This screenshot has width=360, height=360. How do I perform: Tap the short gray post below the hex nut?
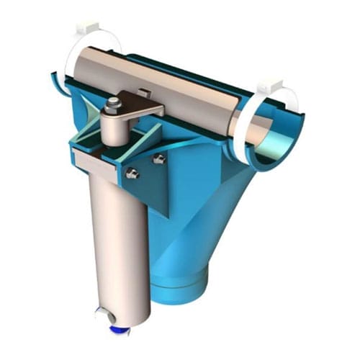tap(114, 130)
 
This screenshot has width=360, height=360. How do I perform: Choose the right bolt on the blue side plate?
tap(159, 159)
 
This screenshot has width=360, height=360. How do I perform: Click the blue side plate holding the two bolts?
tap(148, 180)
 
